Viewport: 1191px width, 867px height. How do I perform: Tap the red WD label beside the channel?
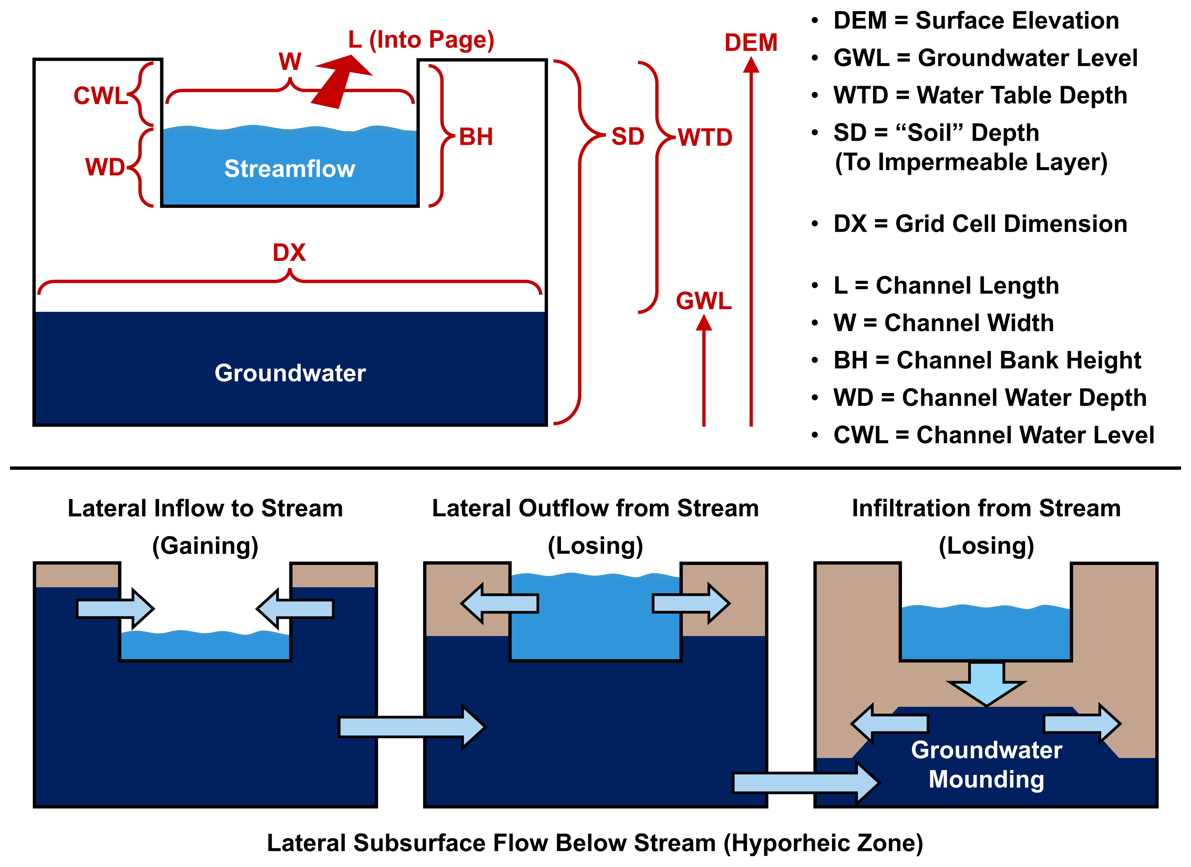pyautogui.click(x=105, y=167)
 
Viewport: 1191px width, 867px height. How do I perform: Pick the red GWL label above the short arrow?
pyautogui.click(x=704, y=301)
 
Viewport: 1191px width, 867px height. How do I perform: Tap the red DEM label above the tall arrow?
pyautogui.click(x=751, y=42)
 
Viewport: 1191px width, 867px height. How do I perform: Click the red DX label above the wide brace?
pyautogui.click(x=289, y=253)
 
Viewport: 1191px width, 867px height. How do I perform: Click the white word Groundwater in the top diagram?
pyautogui.click(x=290, y=373)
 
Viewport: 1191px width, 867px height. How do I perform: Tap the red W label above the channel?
pyautogui.click(x=290, y=61)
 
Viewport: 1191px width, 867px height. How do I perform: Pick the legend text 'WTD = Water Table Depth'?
pyautogui.click(x=980, y=95)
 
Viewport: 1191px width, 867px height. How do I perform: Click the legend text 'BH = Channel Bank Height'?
pyautogui.click(x=987, y=360)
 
